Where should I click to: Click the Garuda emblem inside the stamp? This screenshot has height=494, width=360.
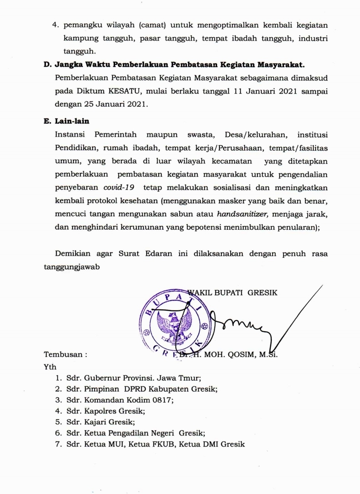[174, 325]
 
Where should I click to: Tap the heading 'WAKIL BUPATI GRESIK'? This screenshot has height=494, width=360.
[233, 293]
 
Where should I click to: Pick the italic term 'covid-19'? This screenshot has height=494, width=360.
[119, 187]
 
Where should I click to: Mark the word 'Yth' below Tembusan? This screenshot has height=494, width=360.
[50, 366]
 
